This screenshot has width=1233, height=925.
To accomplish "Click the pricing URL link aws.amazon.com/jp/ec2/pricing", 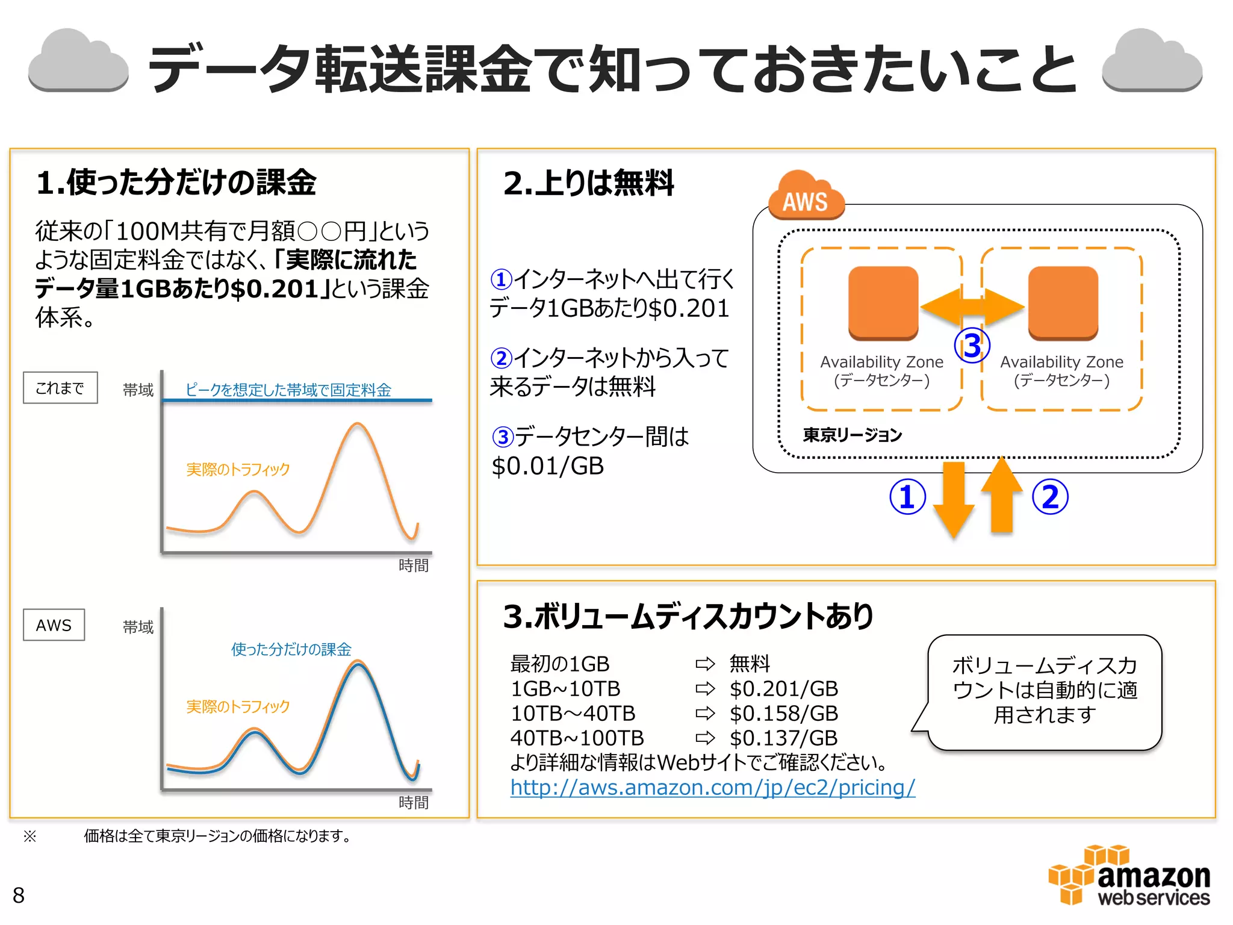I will coord(712,787).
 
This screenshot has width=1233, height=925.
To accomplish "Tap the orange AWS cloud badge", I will coord(806,198).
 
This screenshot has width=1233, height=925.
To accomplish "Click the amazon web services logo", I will coord(1129,876).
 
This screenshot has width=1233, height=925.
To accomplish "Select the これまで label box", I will coord(60,388).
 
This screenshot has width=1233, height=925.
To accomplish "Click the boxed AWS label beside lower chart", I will coord(54,625).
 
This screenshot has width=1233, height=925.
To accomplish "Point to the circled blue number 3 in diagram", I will coord(972,346).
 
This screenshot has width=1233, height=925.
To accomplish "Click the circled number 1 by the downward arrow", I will coord(907,497).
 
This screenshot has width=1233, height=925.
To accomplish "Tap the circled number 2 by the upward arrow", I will coord(1050,497).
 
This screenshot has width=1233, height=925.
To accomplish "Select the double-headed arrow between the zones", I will coord(972,307).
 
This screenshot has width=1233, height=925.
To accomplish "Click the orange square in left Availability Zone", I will coord(883,303).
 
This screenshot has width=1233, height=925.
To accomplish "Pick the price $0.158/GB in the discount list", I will coord(784,713).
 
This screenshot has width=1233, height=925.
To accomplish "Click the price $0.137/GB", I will coord(784,738).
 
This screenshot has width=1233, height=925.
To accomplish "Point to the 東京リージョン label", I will coord(852,435).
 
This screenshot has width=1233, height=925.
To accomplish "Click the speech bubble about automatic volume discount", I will coord(1045,691).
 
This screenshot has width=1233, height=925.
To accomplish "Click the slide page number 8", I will coord(19,895).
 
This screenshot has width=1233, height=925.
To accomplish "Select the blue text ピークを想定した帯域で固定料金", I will coord(288,390).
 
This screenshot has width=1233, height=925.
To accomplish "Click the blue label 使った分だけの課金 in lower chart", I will coord(291,649).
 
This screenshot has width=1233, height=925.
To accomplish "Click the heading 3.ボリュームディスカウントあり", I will coord(688,617).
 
